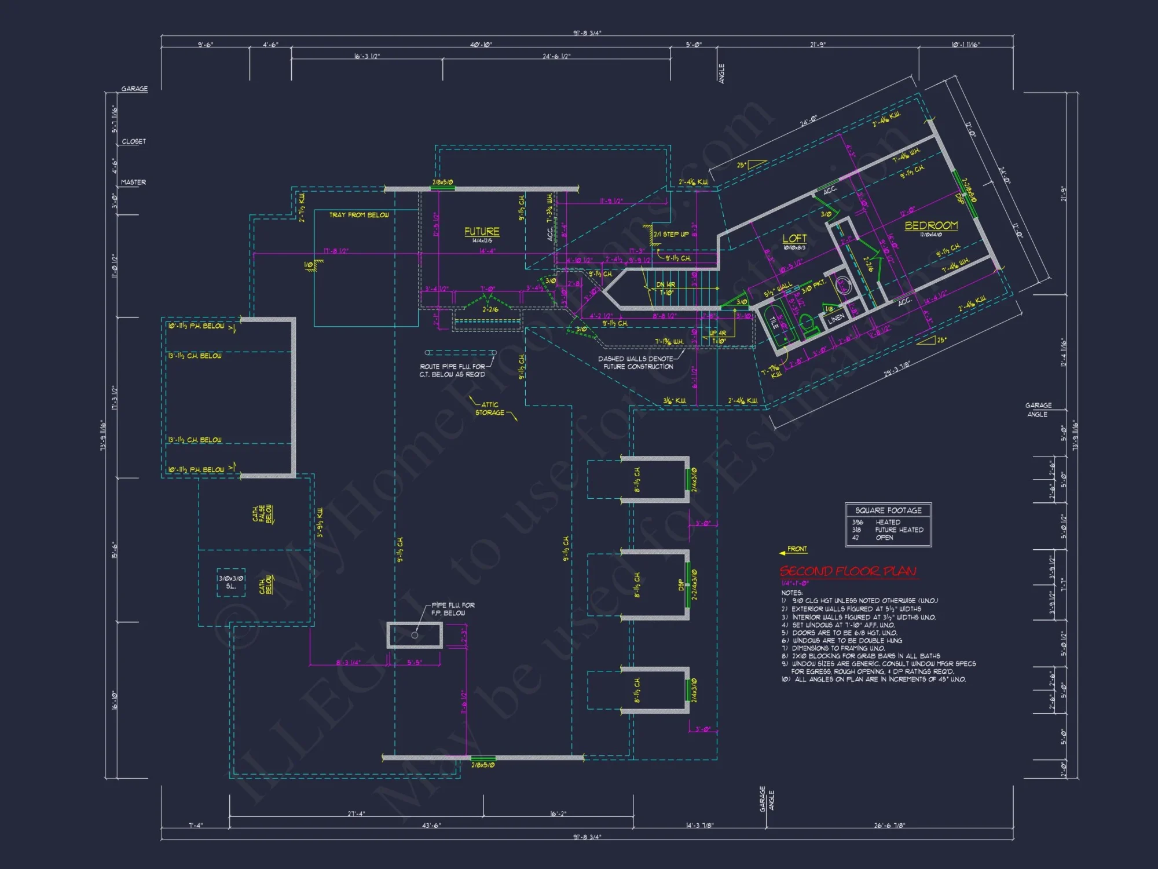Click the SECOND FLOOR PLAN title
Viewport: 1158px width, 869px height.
click(x=848, y=572)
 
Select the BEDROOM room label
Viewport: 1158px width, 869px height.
click(x=931, y=225)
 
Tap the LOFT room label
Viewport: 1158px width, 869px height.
click(x=794, y=238)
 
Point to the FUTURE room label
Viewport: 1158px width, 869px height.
click(x=482, y=231)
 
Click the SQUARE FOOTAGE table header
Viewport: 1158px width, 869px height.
click(x=888, y=510)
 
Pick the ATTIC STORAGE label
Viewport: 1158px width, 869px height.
click(x=490, y=408)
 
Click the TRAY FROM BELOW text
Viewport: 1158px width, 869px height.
click(x=359, y=215)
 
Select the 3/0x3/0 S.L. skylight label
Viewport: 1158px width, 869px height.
click(x=231, y=582)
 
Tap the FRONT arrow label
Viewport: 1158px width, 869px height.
click(x=797, y=549)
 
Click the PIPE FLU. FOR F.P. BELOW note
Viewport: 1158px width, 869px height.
click(x=453, y=609)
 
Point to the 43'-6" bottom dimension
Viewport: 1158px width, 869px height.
click(x=431, y=825)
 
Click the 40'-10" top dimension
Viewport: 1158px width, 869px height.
click(x=481, y=45)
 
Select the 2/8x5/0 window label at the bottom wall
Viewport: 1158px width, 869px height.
click(x=483, y=765)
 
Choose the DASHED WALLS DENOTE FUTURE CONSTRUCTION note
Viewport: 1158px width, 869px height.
click(x=636, y=363)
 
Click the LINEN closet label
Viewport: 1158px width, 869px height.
click(x=835, y=319)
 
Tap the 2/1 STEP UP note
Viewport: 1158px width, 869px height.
click(x=672, y=234)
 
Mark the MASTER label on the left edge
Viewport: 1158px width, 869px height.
click(x=133, y=182)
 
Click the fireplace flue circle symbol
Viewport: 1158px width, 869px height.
click(x=415, y=636)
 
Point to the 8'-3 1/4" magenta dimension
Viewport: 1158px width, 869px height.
click(x=348, y=662)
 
